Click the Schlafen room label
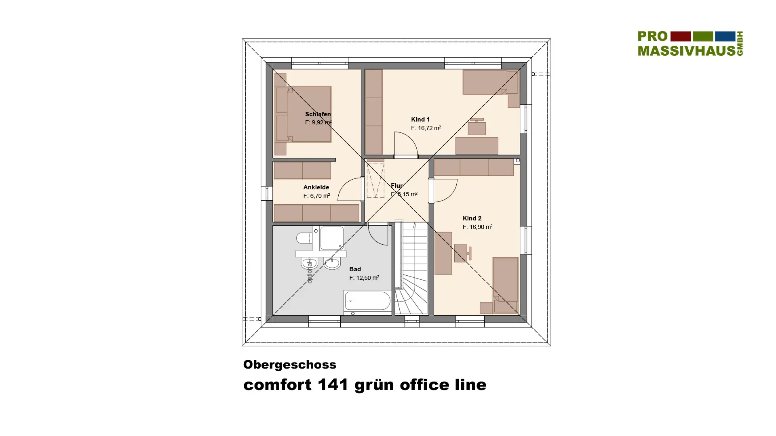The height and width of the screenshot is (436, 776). [x=318, y=114]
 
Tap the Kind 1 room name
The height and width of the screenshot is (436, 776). [x=420, y=119]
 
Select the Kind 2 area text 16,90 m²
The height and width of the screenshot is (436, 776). [x=481, y=227]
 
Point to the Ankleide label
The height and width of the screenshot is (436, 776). [x=316, y=187]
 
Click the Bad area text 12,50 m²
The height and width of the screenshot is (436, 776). [x=367, y=278]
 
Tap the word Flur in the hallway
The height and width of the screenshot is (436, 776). [x=396, y=186]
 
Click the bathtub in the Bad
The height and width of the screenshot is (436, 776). [x=367, y=301]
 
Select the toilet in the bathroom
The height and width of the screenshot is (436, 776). [x=304, y=238]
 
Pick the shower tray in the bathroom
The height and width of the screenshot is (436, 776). [x=332, y=238]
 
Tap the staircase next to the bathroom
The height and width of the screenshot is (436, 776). [x=411, y=268]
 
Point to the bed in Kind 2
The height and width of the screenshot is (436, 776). [x=505, y=285]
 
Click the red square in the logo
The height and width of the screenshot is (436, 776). [x=681, y=36]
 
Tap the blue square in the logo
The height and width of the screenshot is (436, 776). [x=725, y=36]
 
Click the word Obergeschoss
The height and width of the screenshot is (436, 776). [x=290, y=365]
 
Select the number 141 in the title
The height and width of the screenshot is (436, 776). [x=333, y=385]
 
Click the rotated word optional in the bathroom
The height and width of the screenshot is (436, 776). [x=310, y=271]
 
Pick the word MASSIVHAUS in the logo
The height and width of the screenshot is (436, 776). [x=687, y=50]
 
